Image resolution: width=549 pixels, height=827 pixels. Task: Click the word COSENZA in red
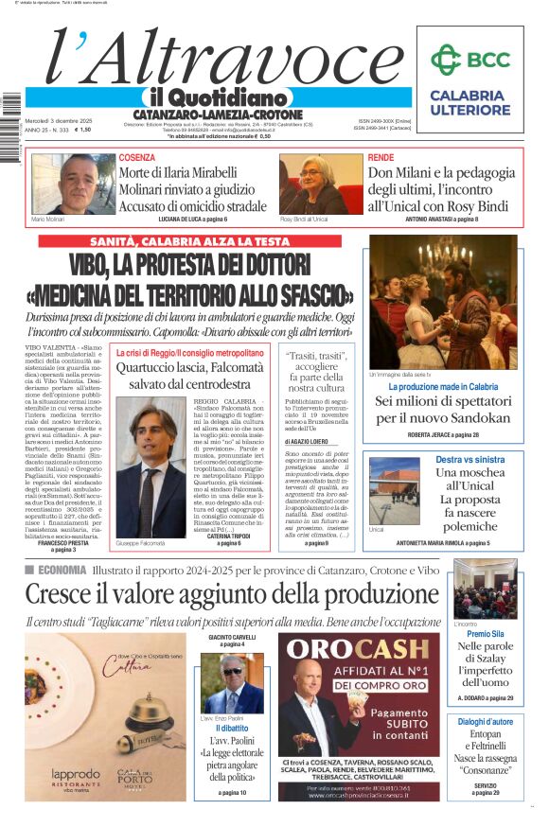137,157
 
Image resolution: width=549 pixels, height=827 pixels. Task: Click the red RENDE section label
381,157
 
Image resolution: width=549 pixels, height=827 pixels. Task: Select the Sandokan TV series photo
443,302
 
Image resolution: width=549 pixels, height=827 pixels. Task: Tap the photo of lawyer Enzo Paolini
232,684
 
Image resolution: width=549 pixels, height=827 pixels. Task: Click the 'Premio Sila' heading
485,634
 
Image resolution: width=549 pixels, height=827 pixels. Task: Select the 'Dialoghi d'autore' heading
485,722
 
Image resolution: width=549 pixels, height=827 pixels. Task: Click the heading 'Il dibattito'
231,729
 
